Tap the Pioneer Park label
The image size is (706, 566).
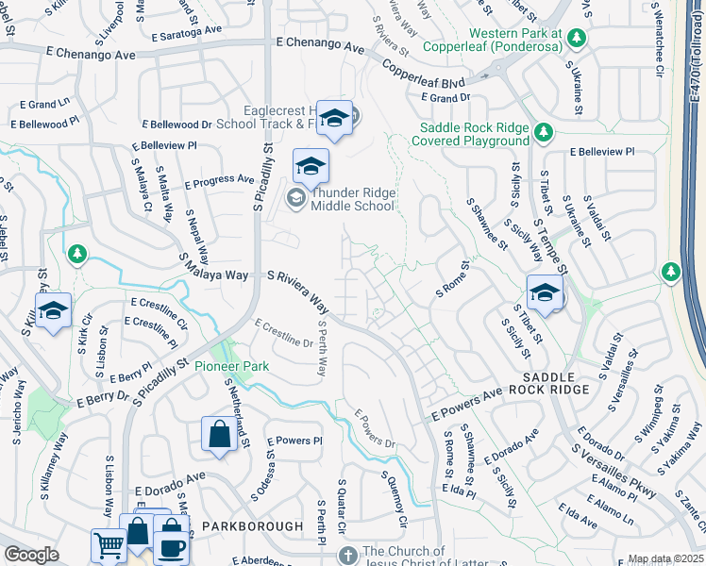click(231, 366)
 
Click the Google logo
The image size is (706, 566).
click(31, 555)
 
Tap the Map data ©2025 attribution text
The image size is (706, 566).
click(665, 559)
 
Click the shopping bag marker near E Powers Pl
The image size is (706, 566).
click(219, 435)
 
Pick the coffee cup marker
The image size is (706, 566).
click(171, 545)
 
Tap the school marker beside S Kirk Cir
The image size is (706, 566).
click(54, 310)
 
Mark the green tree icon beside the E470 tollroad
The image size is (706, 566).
click(671, 272)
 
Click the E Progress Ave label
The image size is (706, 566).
click(220, 179)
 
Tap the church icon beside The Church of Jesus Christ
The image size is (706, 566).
click(348, 554)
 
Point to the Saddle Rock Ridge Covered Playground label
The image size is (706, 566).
click(474, 134)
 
